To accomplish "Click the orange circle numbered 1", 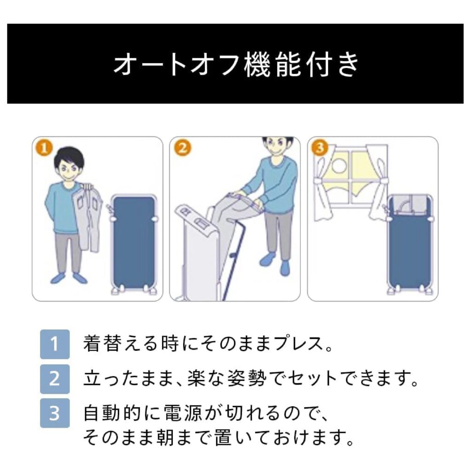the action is click(x=44, y=149).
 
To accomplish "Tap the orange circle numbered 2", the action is click(x=182, y=149).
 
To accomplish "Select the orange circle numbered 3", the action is click(x=320, y=149).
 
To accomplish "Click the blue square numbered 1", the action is click(x=55, y=344).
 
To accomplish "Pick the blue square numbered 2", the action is click(x=55, y=379).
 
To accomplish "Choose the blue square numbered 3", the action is click(x=55, y=413).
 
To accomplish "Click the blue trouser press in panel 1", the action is click(x=134, y=243).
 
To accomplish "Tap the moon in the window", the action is click(x=339, y=166).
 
